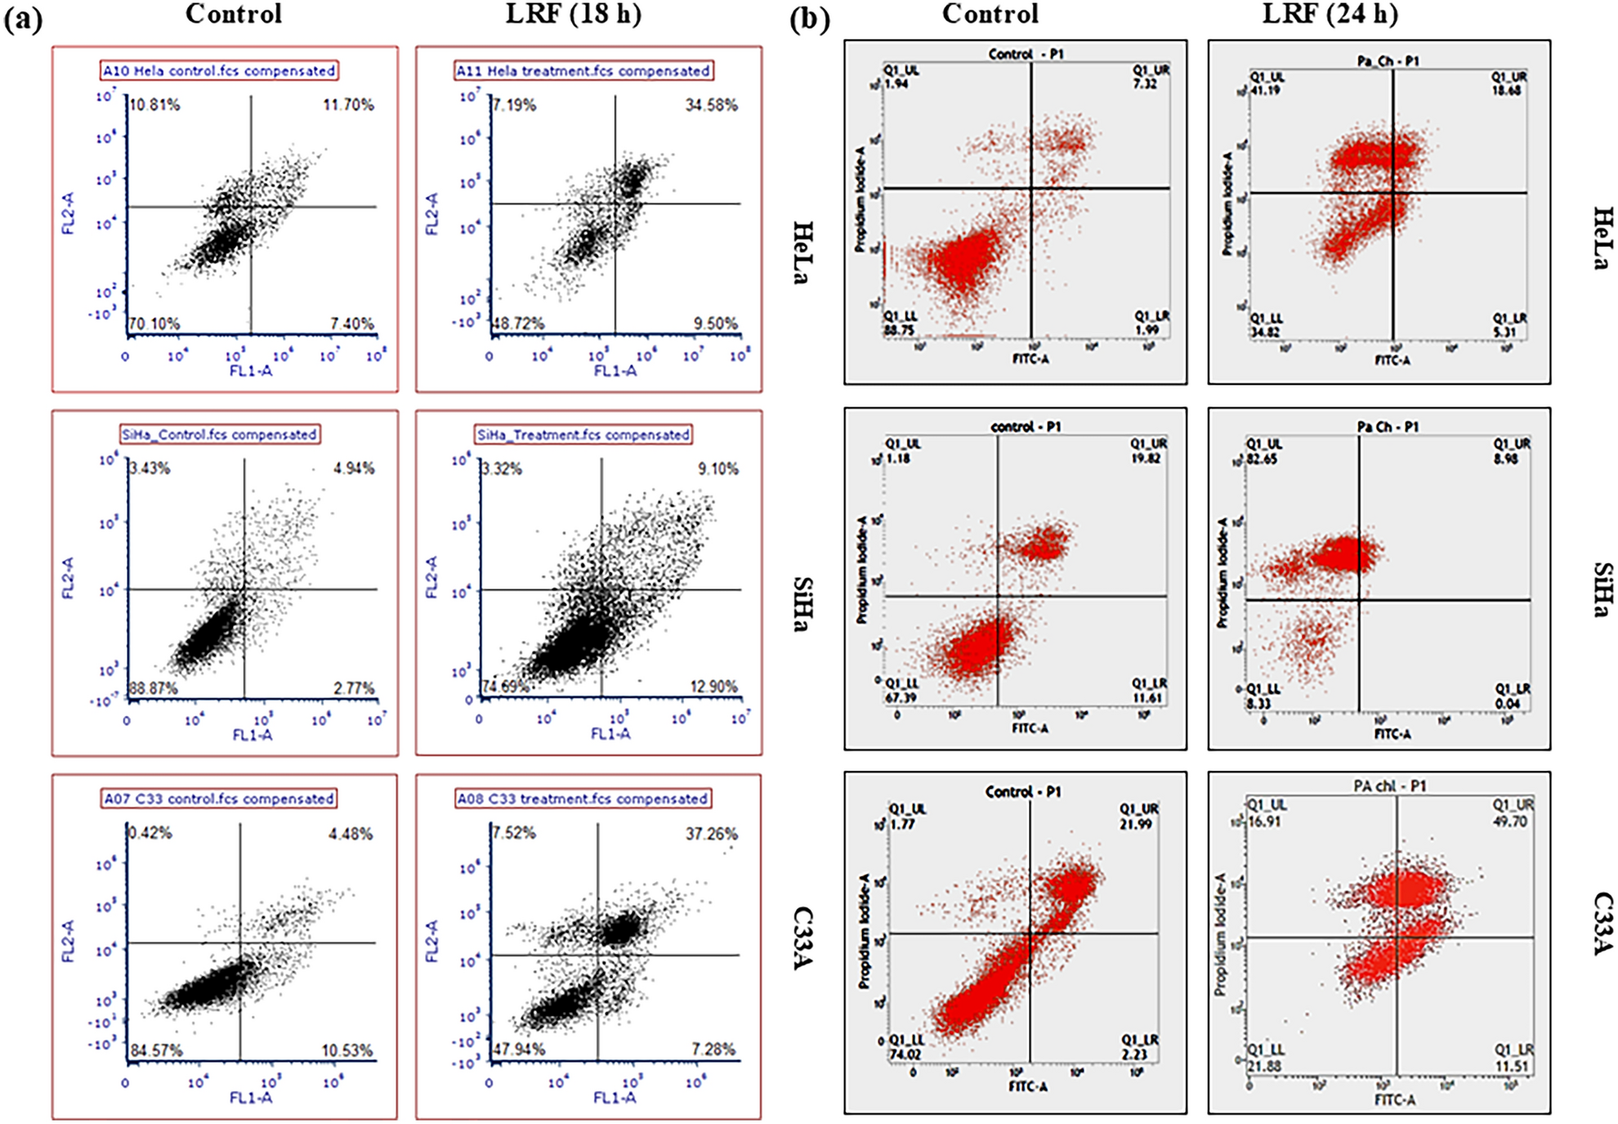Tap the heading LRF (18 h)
[x=573, y=14]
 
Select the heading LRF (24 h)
[x=1330, y=14]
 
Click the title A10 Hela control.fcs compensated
[x=219, y=71]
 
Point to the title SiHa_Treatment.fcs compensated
[x=583, y=435]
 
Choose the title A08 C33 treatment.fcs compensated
[x=583, y=799]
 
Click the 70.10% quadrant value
[x=154, y=324]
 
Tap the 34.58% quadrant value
[x=711, y=105]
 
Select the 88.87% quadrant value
[x=153, y=688]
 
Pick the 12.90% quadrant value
[x=713, y=687]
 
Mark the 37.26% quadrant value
[x=711, y=834]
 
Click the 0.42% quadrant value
[x=150, y=833]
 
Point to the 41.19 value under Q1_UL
[x=1266, y=91]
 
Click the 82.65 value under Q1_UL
[x=1263, y=459]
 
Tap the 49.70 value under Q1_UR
[x=1510, y=822]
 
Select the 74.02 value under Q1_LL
[x=905, y=1055]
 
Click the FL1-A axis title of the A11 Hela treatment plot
[x=615, y=371]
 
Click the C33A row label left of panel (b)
[x=802, y=938]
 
